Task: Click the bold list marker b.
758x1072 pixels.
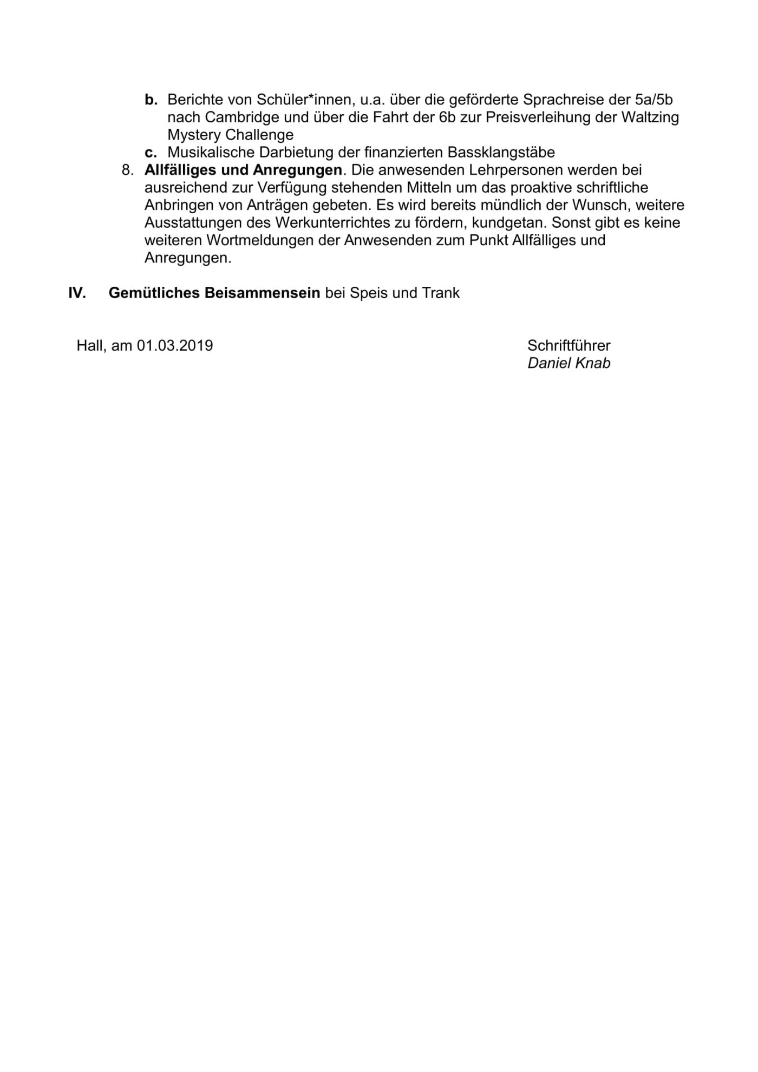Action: click(x=151, y=100)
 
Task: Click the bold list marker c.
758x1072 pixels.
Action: click(x=151, y=153)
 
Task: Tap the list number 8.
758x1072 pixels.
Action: click(x=128, y=170)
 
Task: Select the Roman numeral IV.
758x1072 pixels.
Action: click(x=77, y=293)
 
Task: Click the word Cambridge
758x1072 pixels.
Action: click(x=242, y=117)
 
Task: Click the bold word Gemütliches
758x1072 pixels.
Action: click(x=154, y=293)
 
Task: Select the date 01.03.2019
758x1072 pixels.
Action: click(x=175, y=345)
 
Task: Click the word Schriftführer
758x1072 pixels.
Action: click(x=569, y=345)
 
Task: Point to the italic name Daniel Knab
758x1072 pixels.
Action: click(x=569, y=363)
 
